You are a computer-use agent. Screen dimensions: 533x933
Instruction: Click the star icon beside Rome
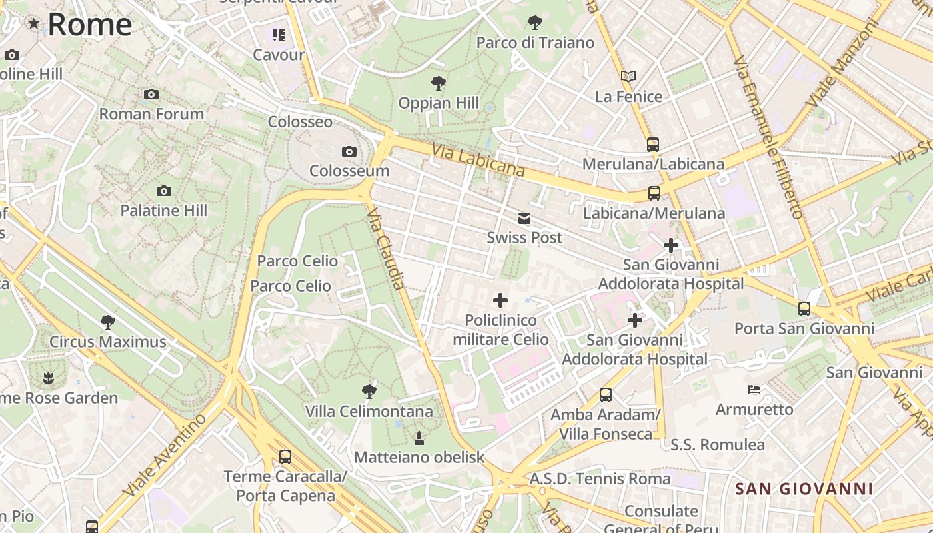(x=33, y=24)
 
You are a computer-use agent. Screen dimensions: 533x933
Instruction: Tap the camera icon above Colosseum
(x=349, y=152)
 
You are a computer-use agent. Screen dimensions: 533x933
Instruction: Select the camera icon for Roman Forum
(x=151, y=95)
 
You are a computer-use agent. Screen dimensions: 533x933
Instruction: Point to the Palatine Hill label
(x=164, y=211)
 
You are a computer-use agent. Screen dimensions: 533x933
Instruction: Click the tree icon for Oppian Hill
(x=439, y=83)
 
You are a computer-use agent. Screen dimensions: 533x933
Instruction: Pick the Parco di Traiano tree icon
(x=534, y=23)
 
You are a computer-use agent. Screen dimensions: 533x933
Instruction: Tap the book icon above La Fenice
(x=628, y=76)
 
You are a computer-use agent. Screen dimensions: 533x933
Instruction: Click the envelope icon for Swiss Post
(x=524, y=219)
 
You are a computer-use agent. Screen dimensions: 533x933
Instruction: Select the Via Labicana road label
(x=478, y=160)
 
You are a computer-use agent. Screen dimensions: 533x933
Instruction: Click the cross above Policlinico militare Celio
(x=500, y=300)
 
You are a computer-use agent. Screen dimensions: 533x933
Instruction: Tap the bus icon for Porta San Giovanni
(x=804, y=309)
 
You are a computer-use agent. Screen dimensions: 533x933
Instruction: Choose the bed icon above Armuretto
(x=754, y=389)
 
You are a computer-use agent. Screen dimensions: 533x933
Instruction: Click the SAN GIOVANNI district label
(x=804, y=489)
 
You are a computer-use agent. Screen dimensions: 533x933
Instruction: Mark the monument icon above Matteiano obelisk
(x=419, y=438)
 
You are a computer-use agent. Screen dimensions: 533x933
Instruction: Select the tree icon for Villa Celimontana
(x=369, y=391)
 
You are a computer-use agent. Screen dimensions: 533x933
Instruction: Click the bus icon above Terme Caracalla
(x=285, y=457)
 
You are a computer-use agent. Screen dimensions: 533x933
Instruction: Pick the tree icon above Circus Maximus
(x=107, y=322)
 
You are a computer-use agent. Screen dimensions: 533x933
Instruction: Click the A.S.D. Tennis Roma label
(x=600, y=478)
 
